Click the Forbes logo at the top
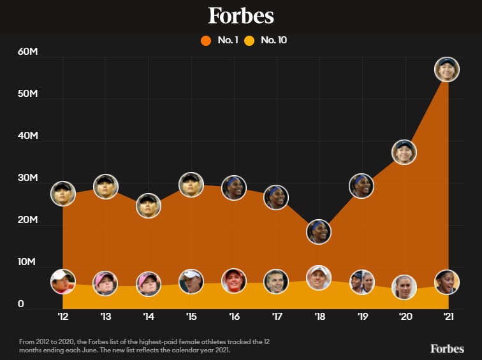241,16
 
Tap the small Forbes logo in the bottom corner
446,348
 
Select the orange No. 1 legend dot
205,41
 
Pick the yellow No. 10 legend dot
249,41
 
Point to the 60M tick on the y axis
29,52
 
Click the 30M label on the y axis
29,178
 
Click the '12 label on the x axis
62,316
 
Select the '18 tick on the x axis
319,316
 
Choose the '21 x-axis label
447,316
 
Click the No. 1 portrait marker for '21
447,69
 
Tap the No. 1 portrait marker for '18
319,231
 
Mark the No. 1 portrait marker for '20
404,152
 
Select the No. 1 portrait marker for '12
63,193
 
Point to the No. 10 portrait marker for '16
234,281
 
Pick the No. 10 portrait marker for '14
149,284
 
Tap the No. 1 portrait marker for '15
191,185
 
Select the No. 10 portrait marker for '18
319,278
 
